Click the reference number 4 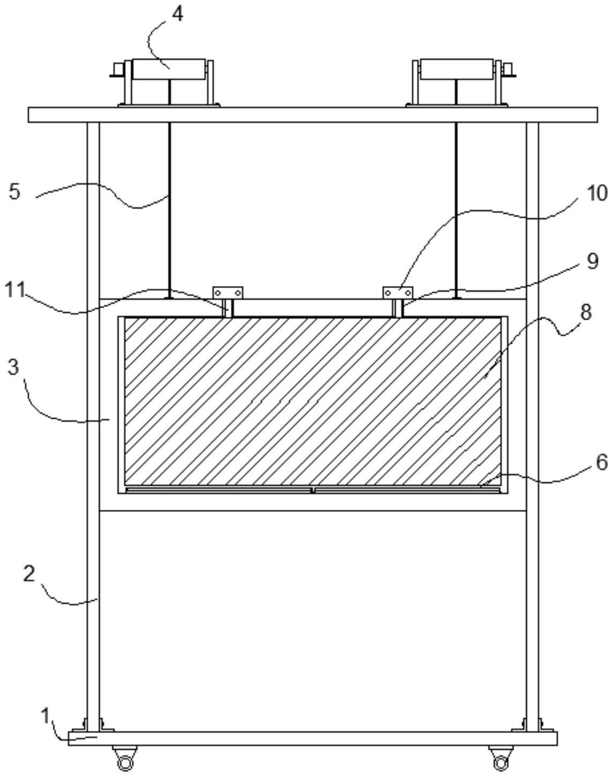pos(177,14)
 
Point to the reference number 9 pos(592,262)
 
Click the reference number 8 pos(586,312)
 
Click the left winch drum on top pos(169,70)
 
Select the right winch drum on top pos(456,70)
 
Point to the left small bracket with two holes pos(229,293)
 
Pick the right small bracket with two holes pos(398,293)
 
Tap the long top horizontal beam pos(313,115)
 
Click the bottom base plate pos(313,738)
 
